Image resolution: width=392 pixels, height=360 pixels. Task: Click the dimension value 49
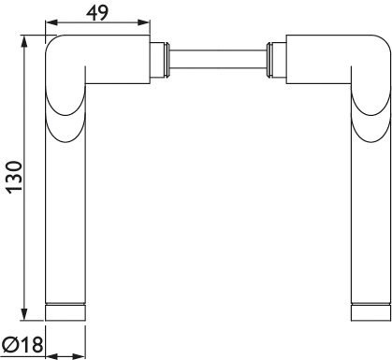point(97,12)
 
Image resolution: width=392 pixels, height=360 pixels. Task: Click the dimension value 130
point(15,178)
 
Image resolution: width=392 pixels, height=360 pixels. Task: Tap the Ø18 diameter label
point(22,345)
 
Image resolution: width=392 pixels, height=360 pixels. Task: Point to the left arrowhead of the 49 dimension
point(51,22)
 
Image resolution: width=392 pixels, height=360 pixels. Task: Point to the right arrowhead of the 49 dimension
point(144,22)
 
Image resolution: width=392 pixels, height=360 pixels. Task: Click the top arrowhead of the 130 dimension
point(24,41)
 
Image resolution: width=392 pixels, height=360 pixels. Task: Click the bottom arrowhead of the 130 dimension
point(24,314)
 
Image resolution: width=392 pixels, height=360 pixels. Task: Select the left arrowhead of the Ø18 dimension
point(51,356)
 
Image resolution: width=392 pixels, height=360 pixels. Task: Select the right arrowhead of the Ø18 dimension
point(80,356)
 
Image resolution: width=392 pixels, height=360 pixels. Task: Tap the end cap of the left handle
point(65,312)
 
